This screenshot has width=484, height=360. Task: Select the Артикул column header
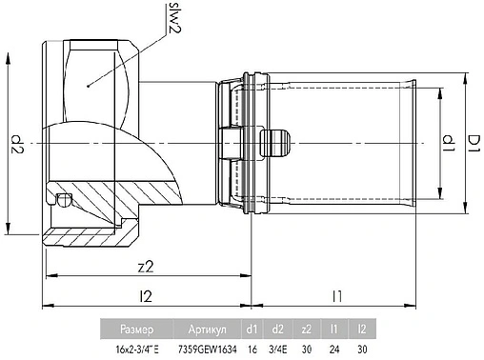pos(206,331)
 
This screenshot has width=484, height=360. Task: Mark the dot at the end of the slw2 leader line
pos(88,86)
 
